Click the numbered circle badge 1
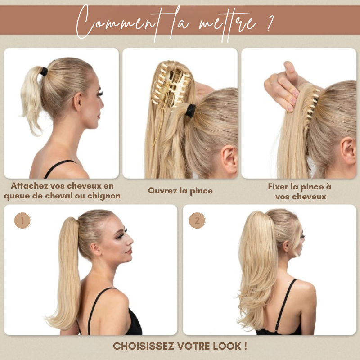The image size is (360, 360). (22, 220)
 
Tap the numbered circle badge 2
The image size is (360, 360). (197, 220)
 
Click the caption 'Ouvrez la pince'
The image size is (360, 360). (180, 191)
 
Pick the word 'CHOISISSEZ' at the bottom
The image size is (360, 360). (144, 346)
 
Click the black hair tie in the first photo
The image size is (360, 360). (44, 72)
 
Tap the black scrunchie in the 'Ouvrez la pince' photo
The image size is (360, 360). (190, 111)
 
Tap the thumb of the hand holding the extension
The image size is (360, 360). (290, 69)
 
